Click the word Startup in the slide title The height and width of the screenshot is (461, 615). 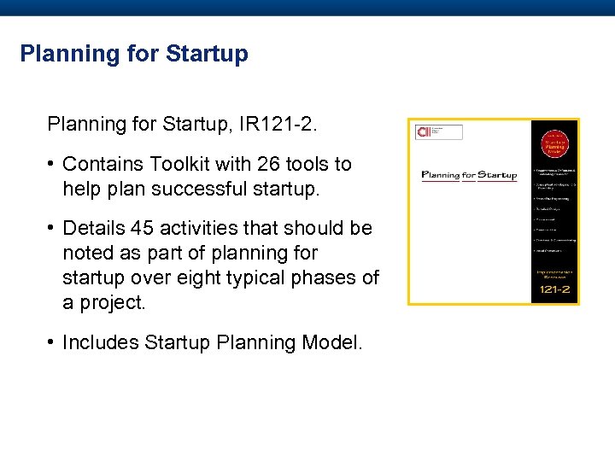tap(208, 54)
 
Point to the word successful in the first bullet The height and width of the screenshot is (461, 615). tap(208, 188)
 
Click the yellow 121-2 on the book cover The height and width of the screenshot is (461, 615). tap(554, 291)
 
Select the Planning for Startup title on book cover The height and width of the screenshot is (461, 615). tap(469, 176)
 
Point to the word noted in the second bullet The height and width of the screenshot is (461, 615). tap(87, 253)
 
